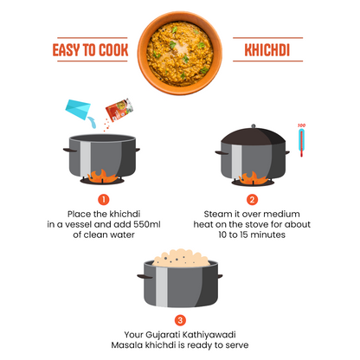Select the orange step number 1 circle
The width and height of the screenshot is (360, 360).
[103, 198]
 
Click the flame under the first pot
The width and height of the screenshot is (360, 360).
[103, 178]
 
